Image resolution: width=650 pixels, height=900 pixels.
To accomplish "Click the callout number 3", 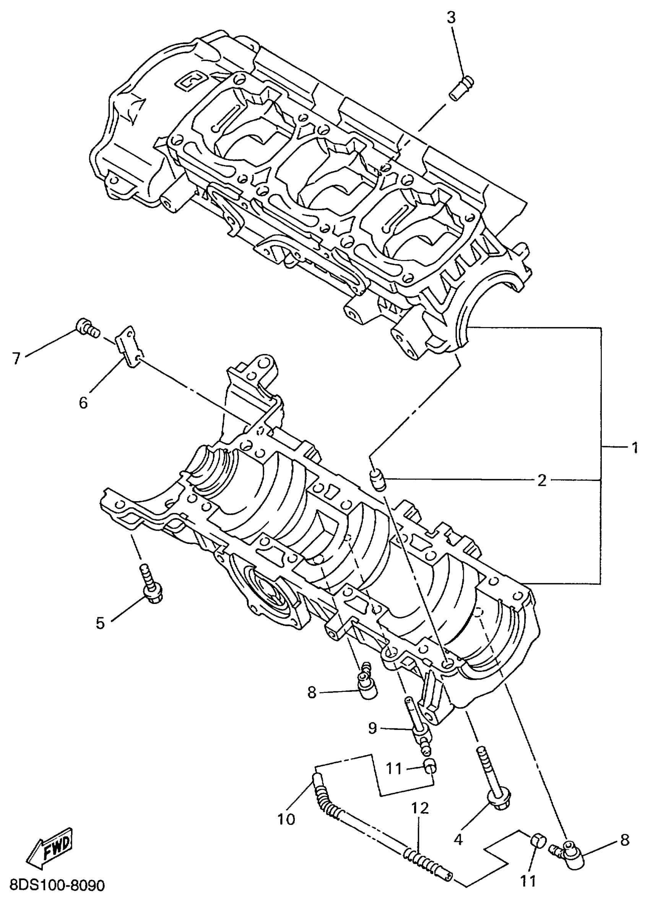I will tap(452, 18).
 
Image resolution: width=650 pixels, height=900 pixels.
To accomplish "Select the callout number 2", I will tap(541, 481).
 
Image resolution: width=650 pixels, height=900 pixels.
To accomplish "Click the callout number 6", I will tap(83, 403).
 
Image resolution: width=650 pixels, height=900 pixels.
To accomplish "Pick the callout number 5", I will tap(100, 623).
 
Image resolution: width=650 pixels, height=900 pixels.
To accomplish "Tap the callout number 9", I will tap(372, 728).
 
